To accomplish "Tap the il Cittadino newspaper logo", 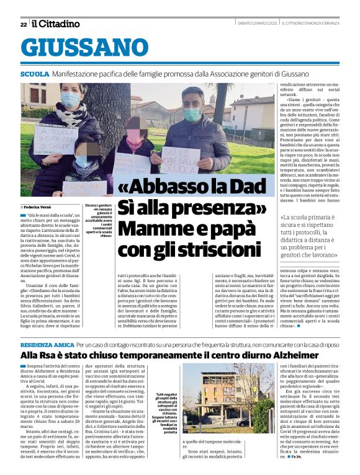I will pyautogui.click(x=56, y=24).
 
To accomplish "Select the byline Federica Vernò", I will pyautogui.click(x=39, y=206).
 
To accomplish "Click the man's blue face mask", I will pyautogui.click(x=192, y=115).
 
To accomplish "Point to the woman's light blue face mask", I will pyautogui.click(x=70, y=100).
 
